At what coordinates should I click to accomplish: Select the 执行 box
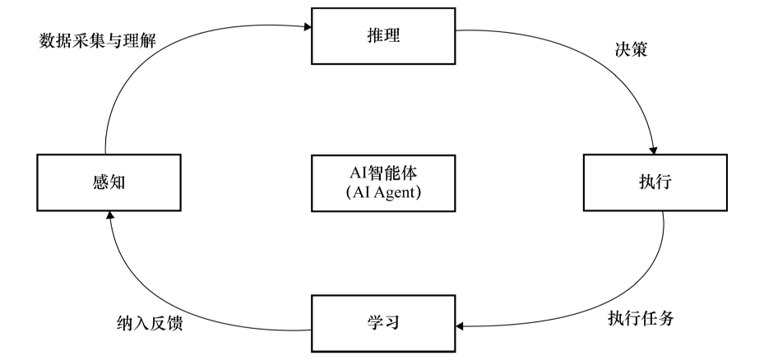pos(655,182)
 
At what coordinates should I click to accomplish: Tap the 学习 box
pos(384,323)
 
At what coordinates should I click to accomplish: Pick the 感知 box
pos(108,182)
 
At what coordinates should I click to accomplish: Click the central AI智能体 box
pos(384,182)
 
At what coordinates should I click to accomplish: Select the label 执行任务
pos(641,318)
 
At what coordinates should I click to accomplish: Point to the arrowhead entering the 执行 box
pos(654,149)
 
